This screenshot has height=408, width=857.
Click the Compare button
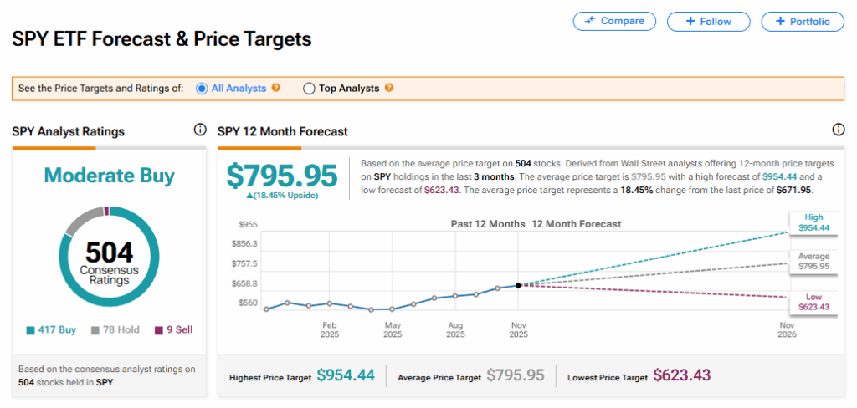click(614, 21)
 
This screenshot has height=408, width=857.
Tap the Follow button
click(708, 21)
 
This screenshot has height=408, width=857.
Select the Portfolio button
click(802, 21)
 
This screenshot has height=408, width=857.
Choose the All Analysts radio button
click(201, 88)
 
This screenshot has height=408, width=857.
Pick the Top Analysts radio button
click(309, 88)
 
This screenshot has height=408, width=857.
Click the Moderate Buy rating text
click(109, 176)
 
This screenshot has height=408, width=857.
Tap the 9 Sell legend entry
click(173, 330)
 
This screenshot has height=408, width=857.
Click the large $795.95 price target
click(282, 176)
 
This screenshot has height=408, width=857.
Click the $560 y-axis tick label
click(249, 303)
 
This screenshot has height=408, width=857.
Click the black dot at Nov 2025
click(518, 286)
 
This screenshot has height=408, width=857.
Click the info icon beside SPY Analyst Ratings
click(199, 130)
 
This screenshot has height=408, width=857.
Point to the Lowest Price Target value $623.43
click(681, 376)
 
